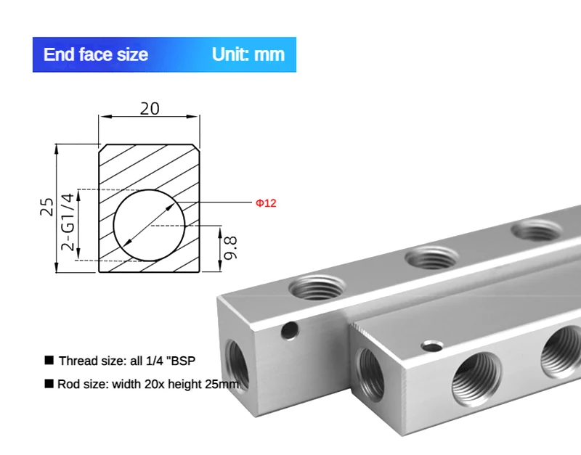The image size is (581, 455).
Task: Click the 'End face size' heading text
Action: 96,54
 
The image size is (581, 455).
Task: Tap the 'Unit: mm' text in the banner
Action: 248,54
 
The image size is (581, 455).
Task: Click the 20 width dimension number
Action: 150,108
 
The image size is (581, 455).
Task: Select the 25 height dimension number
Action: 47,207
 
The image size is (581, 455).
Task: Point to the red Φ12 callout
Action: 266,203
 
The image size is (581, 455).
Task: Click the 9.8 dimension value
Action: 230,247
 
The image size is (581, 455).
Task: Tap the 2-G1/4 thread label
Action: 68,222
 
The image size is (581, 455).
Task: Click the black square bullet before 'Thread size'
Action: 49,360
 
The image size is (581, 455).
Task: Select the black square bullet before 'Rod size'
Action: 49,384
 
